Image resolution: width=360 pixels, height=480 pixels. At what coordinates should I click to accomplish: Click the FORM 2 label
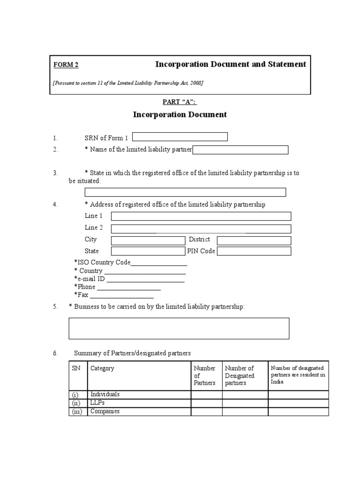click(x=62, y=65)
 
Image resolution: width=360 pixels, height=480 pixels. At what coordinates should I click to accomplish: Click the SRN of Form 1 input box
click(x=180, y=137)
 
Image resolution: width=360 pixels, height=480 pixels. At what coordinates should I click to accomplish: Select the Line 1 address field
click(x=201, y=216)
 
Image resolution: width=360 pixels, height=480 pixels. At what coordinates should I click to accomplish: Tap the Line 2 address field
click(x=201, y=229)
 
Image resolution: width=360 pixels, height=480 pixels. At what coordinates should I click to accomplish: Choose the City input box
click(x=148, y=240)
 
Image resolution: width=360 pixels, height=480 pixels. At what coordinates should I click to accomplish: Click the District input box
click(x=254, y=240)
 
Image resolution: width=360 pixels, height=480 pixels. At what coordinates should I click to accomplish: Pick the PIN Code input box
click(x=254, y=251)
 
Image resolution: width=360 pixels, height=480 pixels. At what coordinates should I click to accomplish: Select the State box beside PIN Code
click(x=148, y=251)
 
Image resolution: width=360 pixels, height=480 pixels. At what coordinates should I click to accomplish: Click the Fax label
click(x=82, y=295)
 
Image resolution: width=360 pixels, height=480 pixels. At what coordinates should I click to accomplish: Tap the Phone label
click(x=86, y=287)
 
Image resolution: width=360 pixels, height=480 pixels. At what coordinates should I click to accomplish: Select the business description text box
click(x=179, y=328)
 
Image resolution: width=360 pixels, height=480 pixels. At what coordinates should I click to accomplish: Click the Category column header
click(x=102, y=368)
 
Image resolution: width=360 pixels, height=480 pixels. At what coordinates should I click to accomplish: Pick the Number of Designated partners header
click(x=240, y=375)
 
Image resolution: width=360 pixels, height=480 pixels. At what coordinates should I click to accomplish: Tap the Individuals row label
click(x=105, y=395)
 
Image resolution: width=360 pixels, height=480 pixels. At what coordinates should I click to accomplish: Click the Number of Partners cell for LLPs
click(x=206, y=403)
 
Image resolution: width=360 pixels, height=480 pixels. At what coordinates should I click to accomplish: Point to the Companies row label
click(x=105, y=412)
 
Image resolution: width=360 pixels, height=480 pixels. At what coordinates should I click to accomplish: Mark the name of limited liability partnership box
click(x=240, y=150)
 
